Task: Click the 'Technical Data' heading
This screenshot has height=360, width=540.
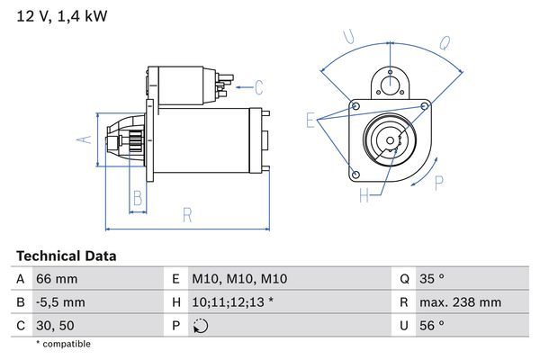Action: click(66, 256)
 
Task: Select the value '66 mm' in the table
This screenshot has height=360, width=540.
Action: click(57, 279)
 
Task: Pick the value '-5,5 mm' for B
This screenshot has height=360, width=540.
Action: click(60, 302)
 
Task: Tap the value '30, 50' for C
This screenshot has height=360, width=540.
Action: click(55, 325)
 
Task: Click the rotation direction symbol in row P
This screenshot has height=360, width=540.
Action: click(200, 326)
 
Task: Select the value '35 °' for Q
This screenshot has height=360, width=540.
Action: click(433, 279)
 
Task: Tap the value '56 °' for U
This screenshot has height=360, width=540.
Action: click(433, 325)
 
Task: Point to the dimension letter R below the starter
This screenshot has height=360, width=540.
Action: click(187, 214)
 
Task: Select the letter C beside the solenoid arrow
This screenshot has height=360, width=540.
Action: click(258, 87)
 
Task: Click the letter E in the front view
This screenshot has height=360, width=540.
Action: click(311, 120)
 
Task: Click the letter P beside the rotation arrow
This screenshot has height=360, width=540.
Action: click(439, 183)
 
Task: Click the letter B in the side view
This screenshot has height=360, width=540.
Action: click(138, 198)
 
